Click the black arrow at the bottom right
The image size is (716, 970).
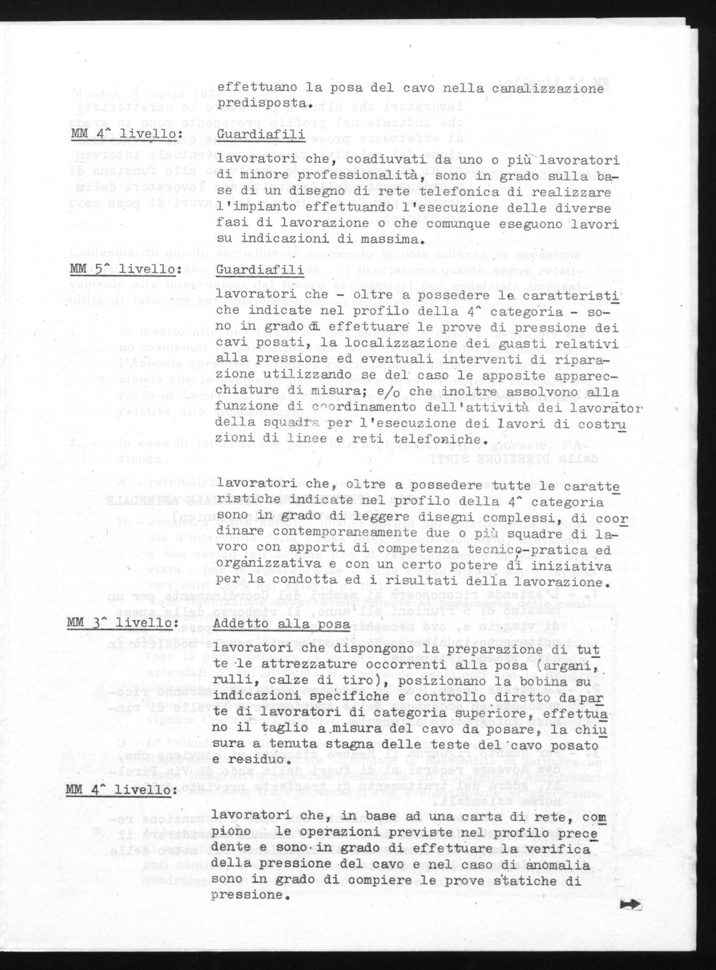pos(632,904)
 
